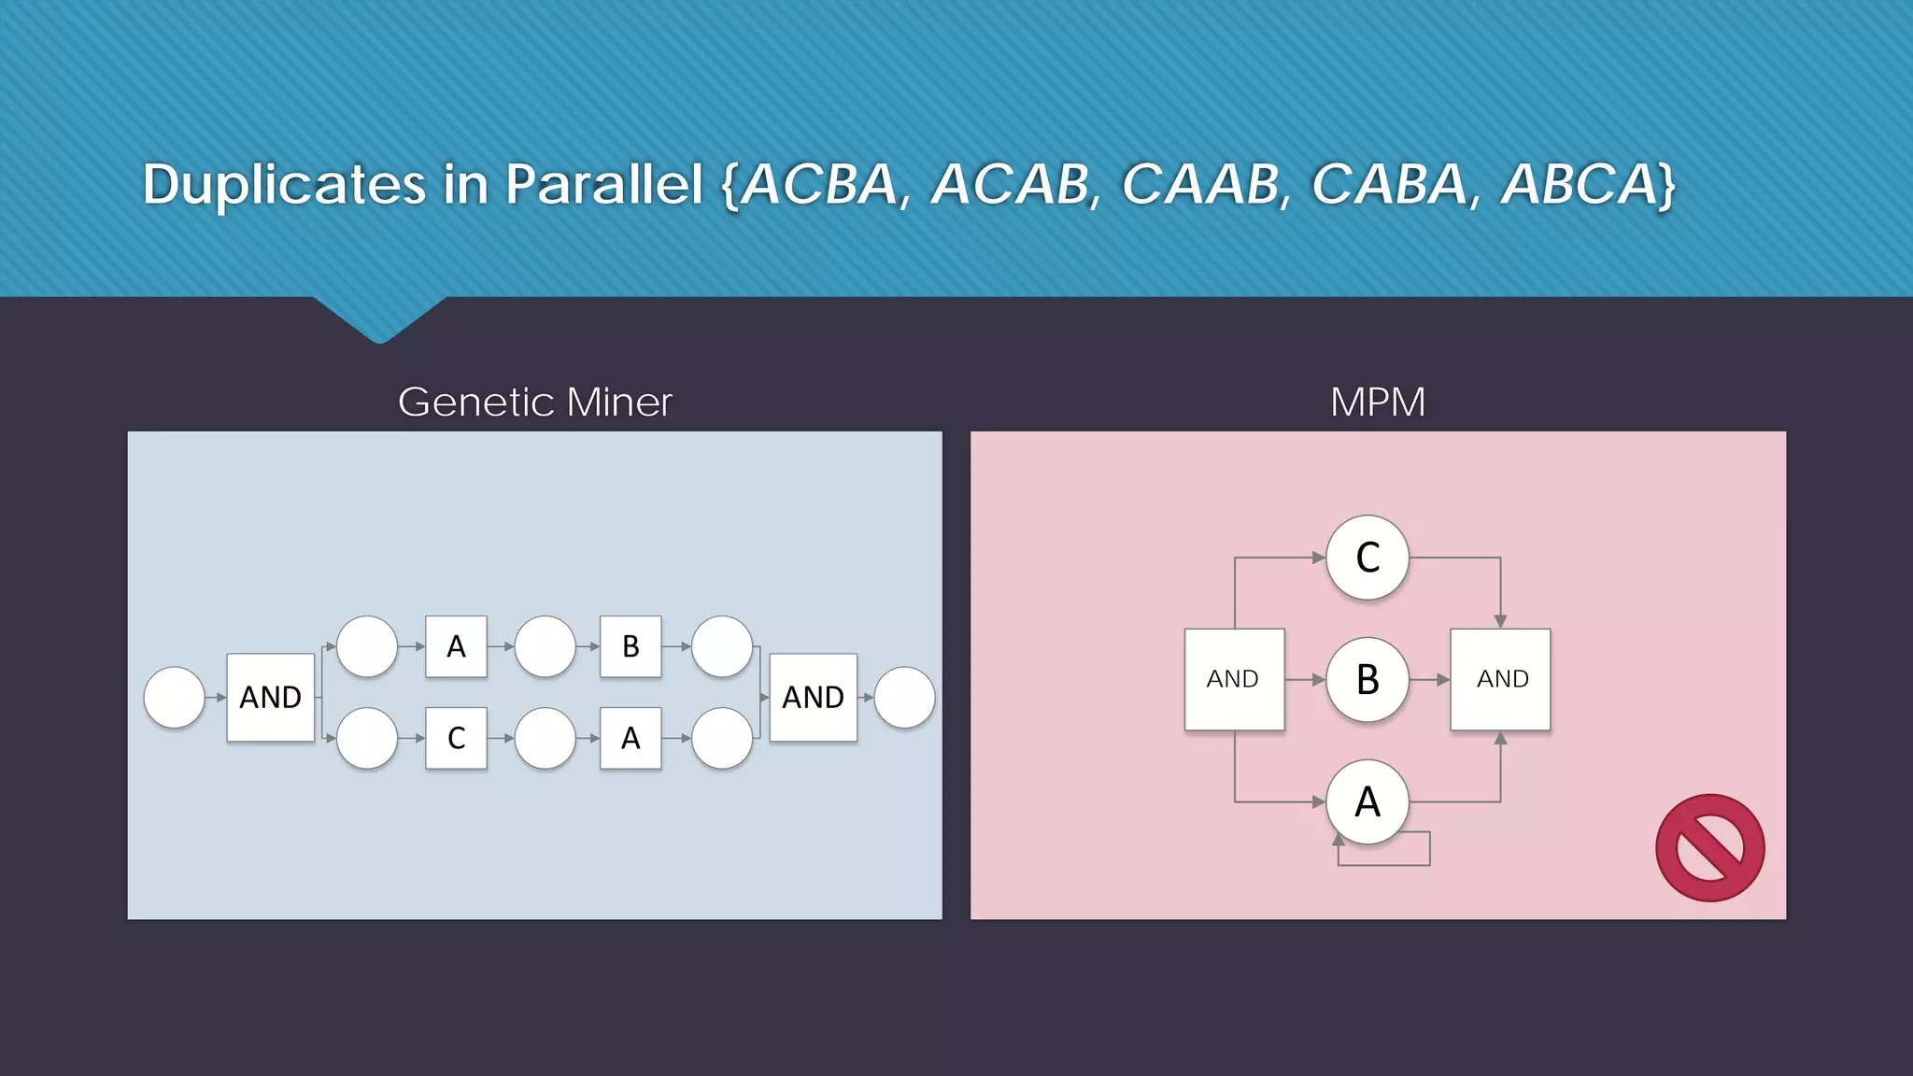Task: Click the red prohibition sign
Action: tap(1709, 848)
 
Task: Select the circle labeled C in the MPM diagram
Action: tap(1367, 558)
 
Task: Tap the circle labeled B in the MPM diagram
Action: tap(1367, 679)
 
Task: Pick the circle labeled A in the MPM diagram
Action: tap(1367, 801)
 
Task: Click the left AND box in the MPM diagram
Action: tap(1234, 679)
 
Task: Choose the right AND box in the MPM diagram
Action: tap(1500, 679)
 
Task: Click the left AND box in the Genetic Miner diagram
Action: tap(271, 697)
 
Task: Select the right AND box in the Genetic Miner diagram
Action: tap(813, 697)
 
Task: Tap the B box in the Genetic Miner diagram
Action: tap(631, 646)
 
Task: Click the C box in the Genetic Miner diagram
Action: tap(456, 738)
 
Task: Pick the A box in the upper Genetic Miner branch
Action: tap(456, 646)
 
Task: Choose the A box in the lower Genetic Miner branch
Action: tap(631, 738)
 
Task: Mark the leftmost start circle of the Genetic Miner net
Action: tap(175, 697)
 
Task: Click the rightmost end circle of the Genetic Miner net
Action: tap(904, 697)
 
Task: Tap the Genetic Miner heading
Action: tap(534, 403)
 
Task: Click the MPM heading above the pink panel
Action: tap(1378, 403)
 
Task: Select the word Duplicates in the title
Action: tap(284, 184)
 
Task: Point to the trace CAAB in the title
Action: tap(1200, 184)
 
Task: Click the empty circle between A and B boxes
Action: tap(546, 646)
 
